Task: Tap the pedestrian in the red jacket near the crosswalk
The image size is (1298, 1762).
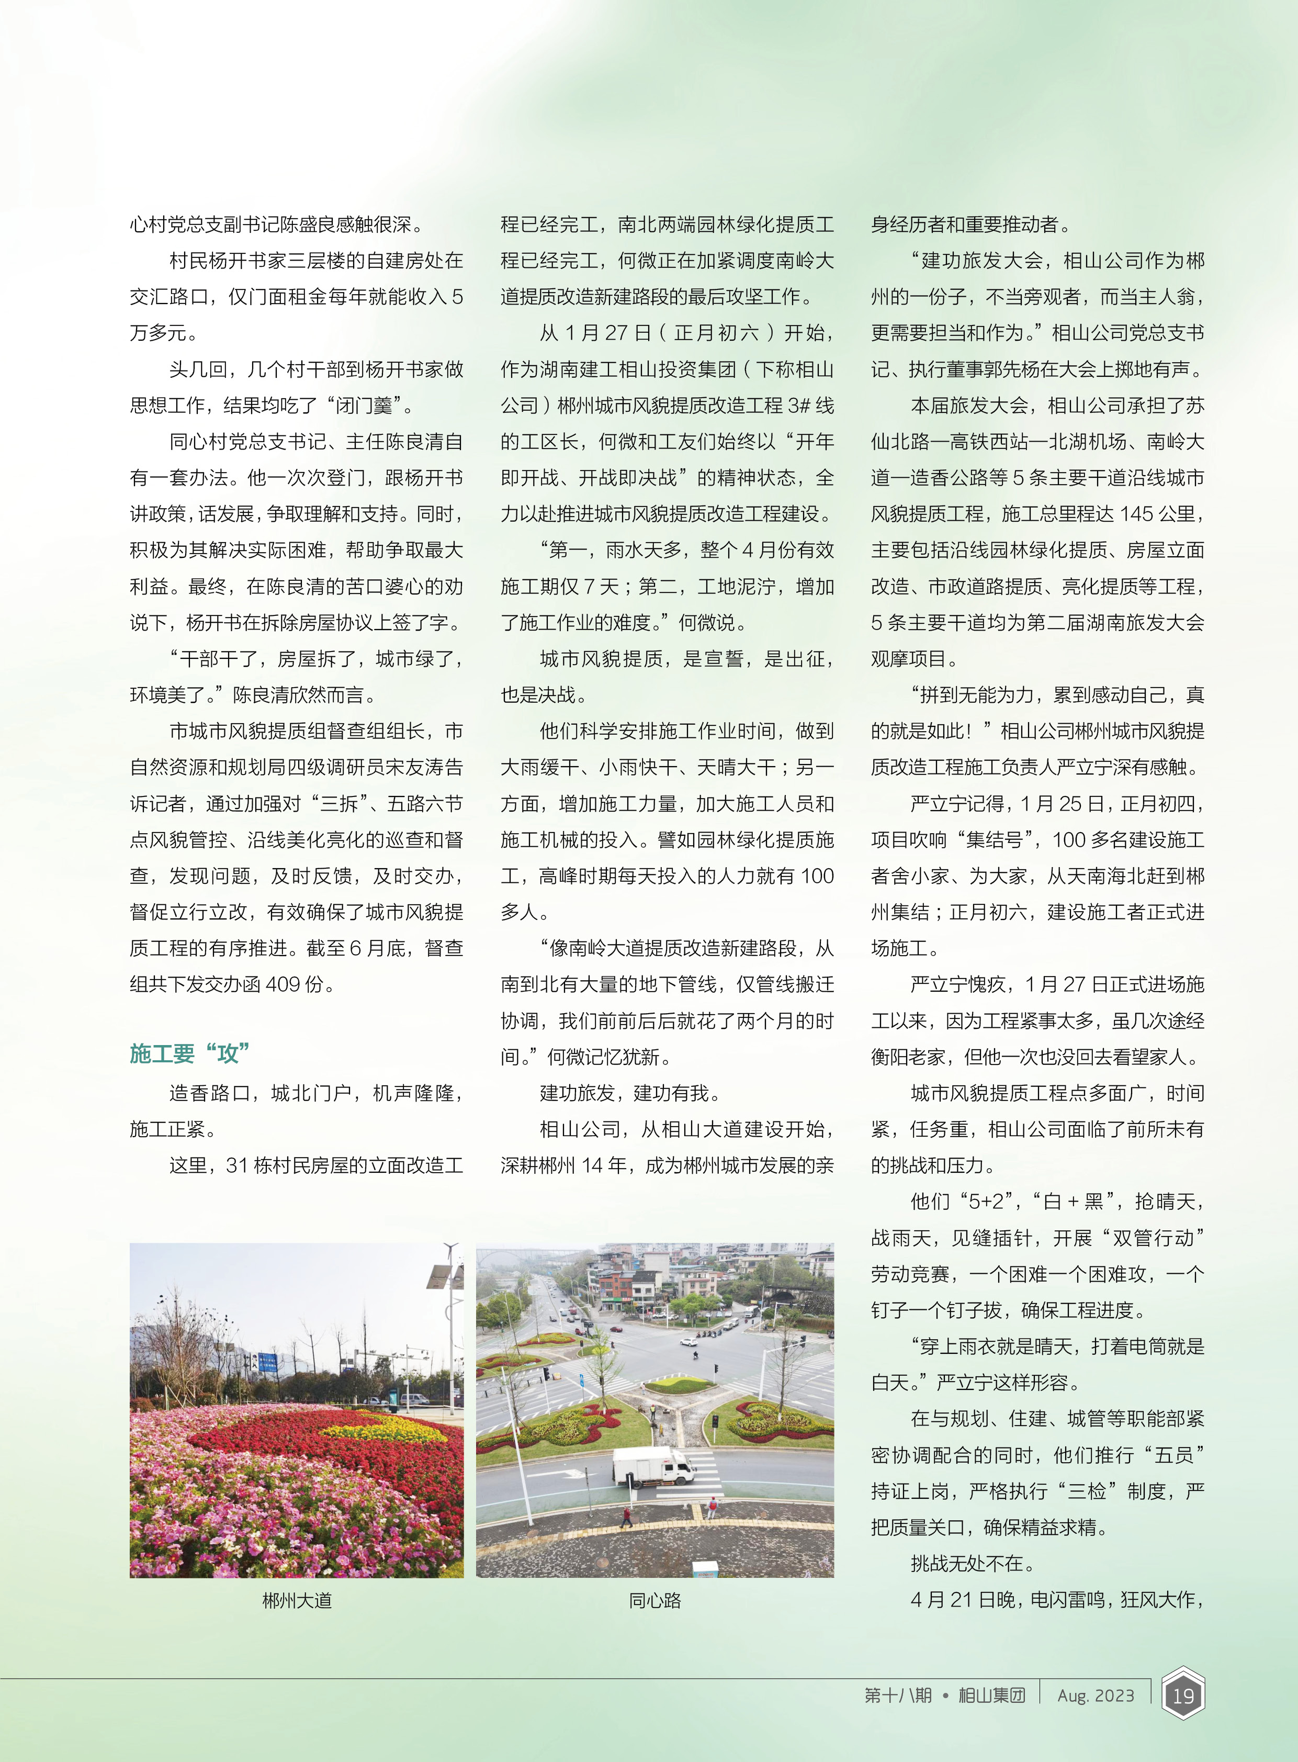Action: pos(626,1515)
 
